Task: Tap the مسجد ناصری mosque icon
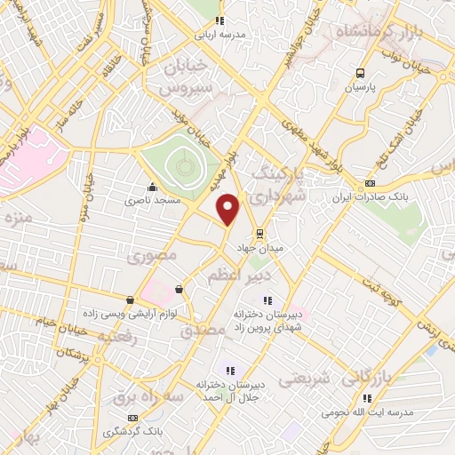(x=155, y=187)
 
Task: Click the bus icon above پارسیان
(x=360, y=74)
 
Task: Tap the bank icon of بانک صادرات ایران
(x=370, y=183)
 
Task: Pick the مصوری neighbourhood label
(x=152, y=256)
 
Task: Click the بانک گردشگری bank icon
(x=133, y=417)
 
